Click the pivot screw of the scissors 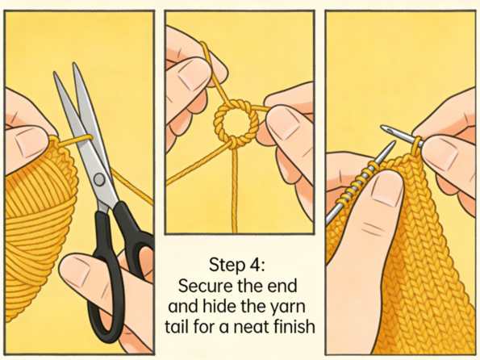click(99, 179)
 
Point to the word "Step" click(227, 266)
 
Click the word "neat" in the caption click(247, 327)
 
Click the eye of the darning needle click(389, 130)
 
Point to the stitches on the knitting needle click(356, 186)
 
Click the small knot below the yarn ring click(234, 142)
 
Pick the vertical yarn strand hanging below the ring click(235, 190)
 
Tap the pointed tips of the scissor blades click(65, 68)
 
